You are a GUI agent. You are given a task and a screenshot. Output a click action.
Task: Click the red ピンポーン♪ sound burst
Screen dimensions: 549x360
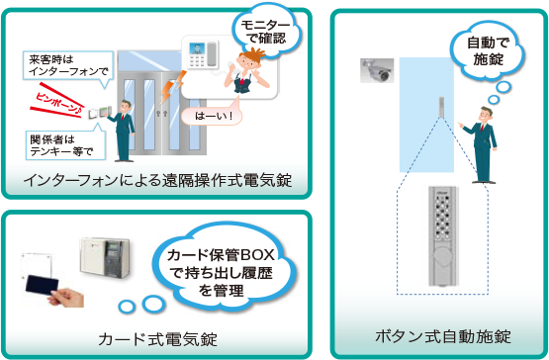[x=60, y=101]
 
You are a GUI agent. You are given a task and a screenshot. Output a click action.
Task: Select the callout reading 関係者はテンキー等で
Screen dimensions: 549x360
[x=60, y=144]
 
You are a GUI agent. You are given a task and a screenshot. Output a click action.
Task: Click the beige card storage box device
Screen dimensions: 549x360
[x=106, y=261]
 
